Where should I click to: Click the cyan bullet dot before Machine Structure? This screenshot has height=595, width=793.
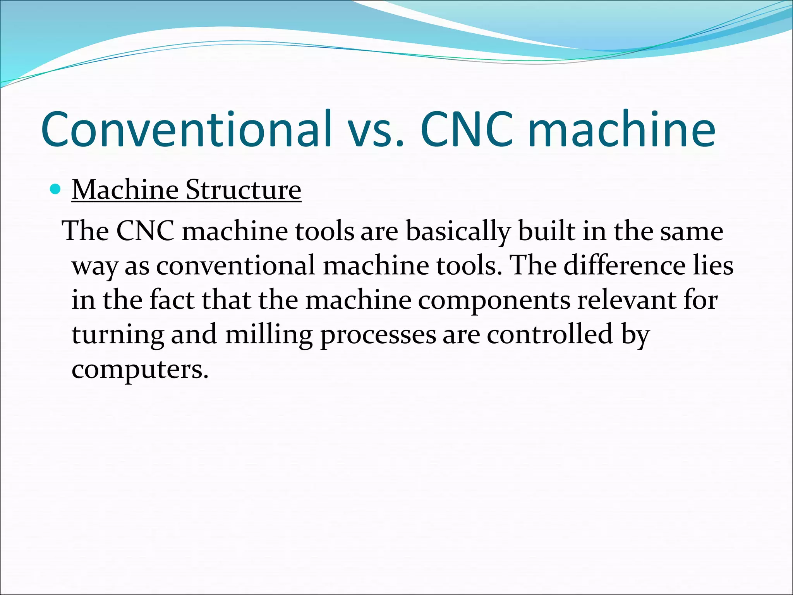click(x=56, y=189)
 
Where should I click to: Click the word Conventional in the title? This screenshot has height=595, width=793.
click(x=186, y=129)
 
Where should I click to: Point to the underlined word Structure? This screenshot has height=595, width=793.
click(x=243, y=190)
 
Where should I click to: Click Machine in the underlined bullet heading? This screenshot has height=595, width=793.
click(x=125, y=190)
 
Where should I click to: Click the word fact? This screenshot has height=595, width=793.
click(x=172, y=301)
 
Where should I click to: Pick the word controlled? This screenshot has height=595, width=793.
click(x=550, y=335)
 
